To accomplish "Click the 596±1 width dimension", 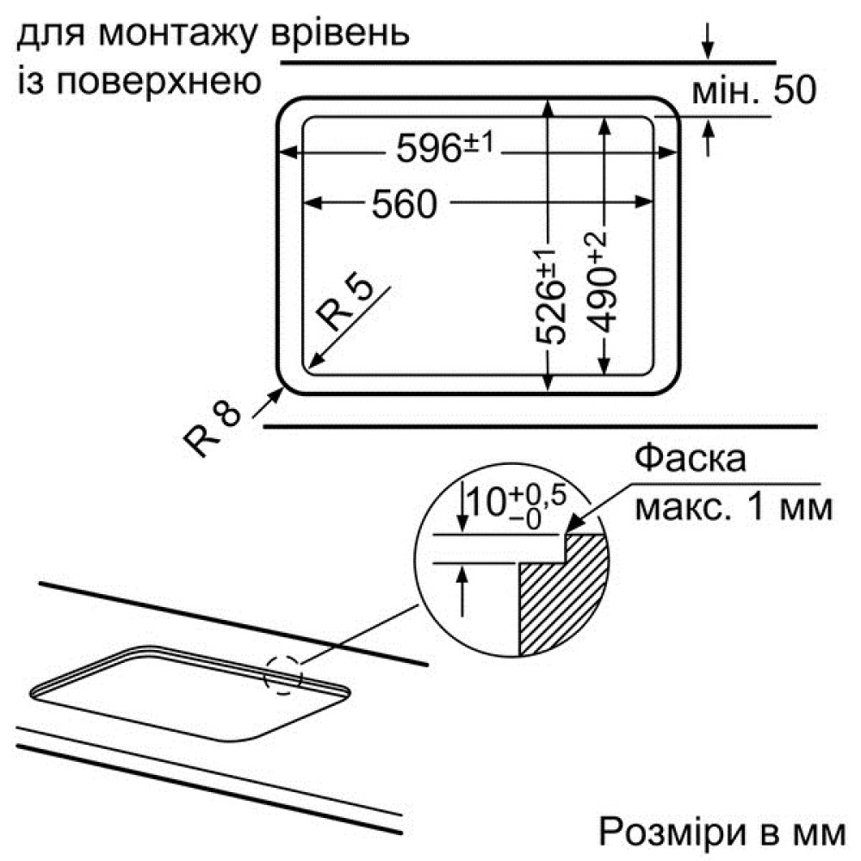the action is [x=445, y=146].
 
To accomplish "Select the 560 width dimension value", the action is [x=404, y=204].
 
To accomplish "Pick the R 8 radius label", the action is [x=212, y=427].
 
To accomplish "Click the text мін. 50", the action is [x=753, y=90].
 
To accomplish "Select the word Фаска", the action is [x=691, y=458].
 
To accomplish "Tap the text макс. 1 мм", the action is [x=734, y=506].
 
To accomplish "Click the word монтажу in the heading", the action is [x=178, y=34].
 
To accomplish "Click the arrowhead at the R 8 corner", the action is [x=277, y=393].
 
